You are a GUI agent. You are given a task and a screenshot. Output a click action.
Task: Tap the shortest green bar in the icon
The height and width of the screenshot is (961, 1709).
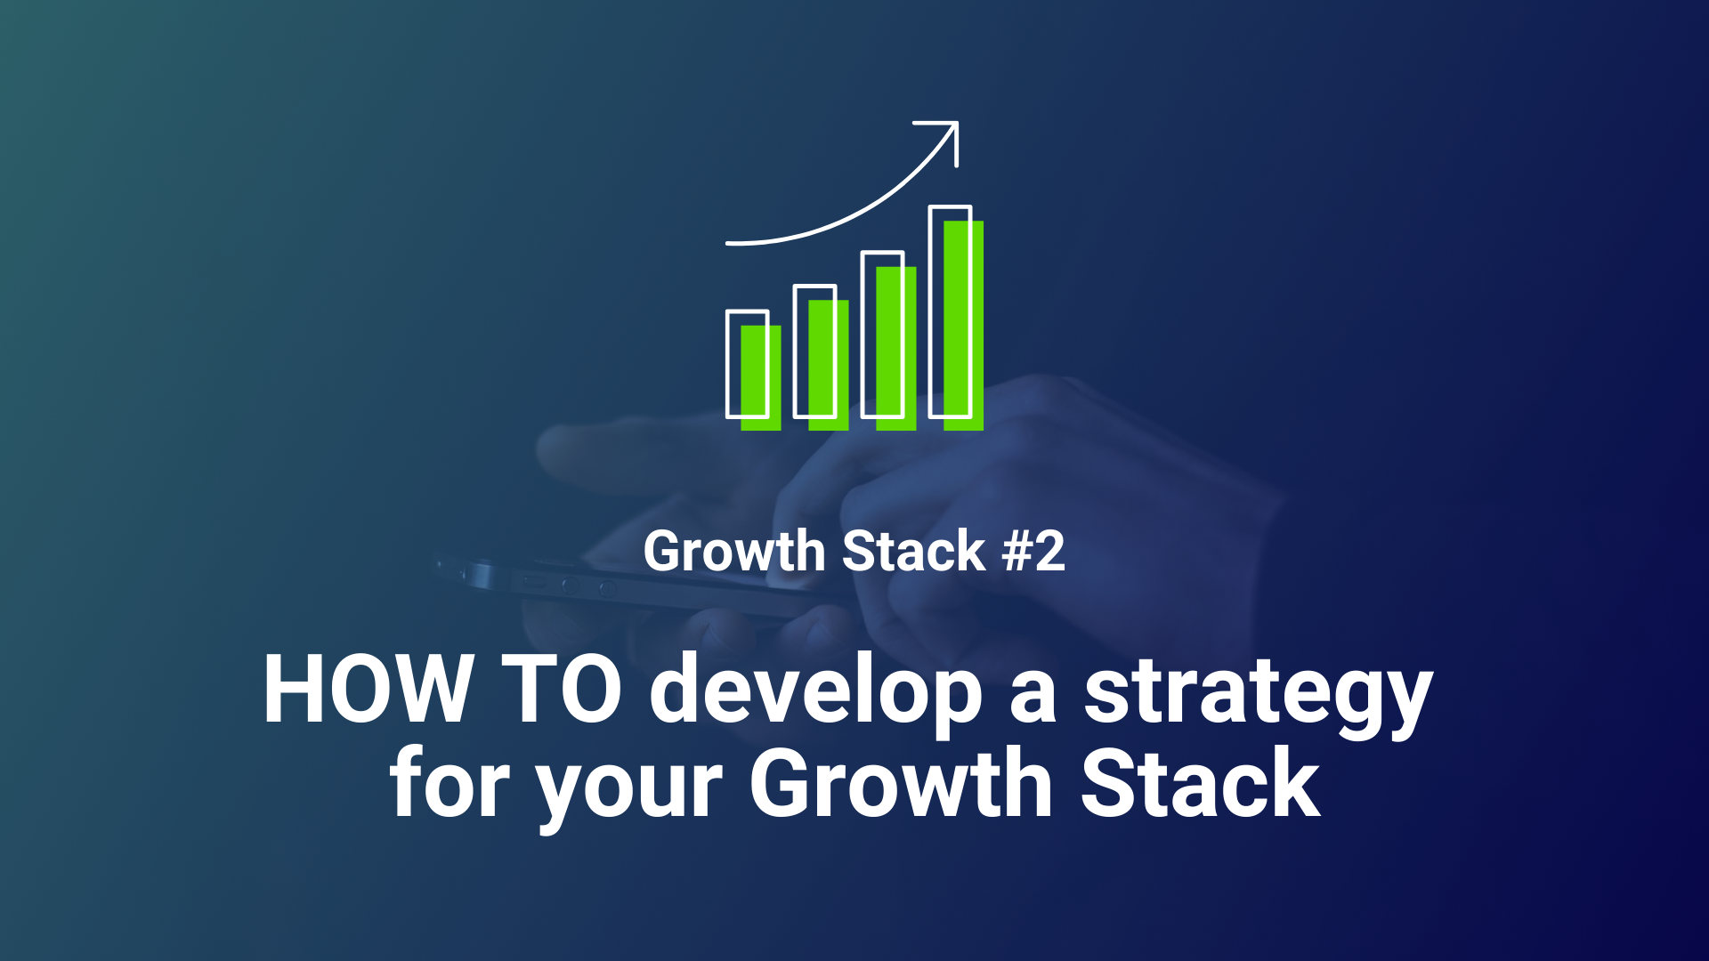pyautogui.click(x=761, y=378)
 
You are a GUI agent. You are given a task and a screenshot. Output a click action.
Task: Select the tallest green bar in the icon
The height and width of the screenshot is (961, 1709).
pyautogui.click(x=964, y=326)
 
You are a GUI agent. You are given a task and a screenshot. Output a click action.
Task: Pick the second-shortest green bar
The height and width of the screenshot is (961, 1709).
pyautogui.click(x=829, y=365)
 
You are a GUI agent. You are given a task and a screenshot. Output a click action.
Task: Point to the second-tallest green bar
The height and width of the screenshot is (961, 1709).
pyautogui.click(x=896, y=349)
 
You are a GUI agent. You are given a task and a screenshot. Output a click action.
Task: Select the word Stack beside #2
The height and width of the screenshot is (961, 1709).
pyautogui.click(x=914, y=551)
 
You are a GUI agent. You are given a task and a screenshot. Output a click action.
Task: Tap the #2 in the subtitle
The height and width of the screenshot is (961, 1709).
pyautogui.click(x=1033, y=551)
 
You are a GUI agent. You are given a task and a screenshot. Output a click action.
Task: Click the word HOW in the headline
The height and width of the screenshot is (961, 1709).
pyautogui.click(x=367, y=690)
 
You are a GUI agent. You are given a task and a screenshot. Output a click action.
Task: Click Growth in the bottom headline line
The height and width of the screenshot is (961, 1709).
pyautogui.click(x=902, y=783)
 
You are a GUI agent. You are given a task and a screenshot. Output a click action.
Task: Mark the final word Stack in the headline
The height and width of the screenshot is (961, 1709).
pyautogui.click(x=1201, y=783)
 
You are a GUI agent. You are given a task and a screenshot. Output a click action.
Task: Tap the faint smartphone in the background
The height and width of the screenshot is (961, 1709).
pyautogui.click(x=623, y=587)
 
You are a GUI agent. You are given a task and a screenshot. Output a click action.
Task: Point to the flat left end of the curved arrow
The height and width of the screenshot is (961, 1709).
pyautogui.click(x=729, y=242)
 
